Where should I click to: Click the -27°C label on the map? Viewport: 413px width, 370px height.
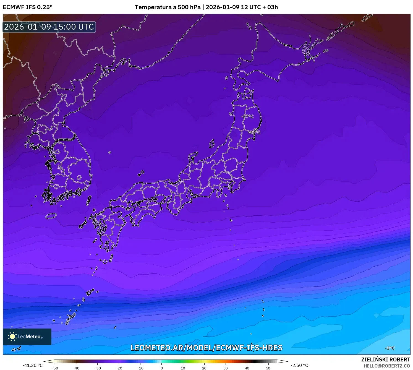(x=247, y=116)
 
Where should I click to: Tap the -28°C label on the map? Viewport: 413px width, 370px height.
(x=254, y=132)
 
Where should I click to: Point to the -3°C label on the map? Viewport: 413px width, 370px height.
(x=390, y=348)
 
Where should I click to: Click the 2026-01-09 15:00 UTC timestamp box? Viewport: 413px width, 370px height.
(x=49, y=27)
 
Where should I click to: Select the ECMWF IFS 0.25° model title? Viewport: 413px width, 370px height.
(x=28, y=7)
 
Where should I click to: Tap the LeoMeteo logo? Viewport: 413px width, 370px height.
(x=27, y=337)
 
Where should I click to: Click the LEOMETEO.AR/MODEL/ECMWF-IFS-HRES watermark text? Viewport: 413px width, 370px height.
(x=206, y=348)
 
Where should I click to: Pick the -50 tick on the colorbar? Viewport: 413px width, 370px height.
(x=55, y=368)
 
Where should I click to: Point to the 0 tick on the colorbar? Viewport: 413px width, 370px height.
(x=162, y=368)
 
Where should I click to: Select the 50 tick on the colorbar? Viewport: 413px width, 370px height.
(x=268, y=368)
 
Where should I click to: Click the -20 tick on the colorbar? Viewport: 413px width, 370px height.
(x=119, y=368)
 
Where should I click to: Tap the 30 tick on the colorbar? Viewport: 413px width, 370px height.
(x=226, y=368)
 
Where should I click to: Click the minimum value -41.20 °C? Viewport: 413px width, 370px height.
(x=33, y=365)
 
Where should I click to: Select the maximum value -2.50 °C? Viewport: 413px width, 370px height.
(x=299, y=365)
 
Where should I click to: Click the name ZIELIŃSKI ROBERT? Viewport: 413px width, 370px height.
(x=386, y=359)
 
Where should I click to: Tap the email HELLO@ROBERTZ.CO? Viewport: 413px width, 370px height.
(x=387, y=366)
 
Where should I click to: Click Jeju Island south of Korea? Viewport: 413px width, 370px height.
(x=51, y=216)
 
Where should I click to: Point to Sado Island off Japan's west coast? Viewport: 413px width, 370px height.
(x=212, y=144)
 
